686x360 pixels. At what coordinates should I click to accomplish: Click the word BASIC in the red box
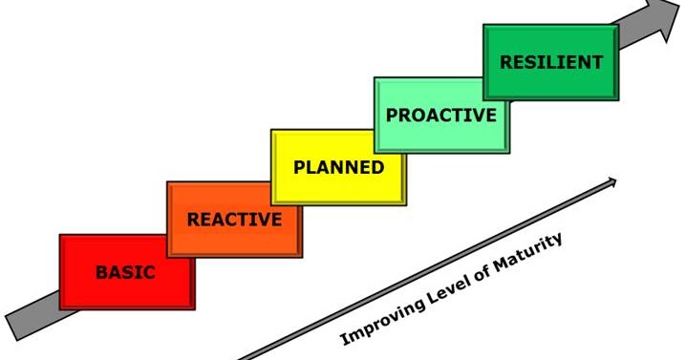[x=125, y=272]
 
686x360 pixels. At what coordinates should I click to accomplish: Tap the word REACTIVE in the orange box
[x=234, y=220]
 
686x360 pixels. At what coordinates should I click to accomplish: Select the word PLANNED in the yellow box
[x=338, y=168]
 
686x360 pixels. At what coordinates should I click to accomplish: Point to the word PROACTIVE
[x=440, y=116]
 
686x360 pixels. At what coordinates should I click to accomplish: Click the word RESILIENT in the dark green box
[x=551, y=63]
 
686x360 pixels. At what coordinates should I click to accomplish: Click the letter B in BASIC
[x=100, y=272]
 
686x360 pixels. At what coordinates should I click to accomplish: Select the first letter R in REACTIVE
[x=193, y=220]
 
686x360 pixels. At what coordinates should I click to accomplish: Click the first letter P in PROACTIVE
[x=391, y=116]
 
